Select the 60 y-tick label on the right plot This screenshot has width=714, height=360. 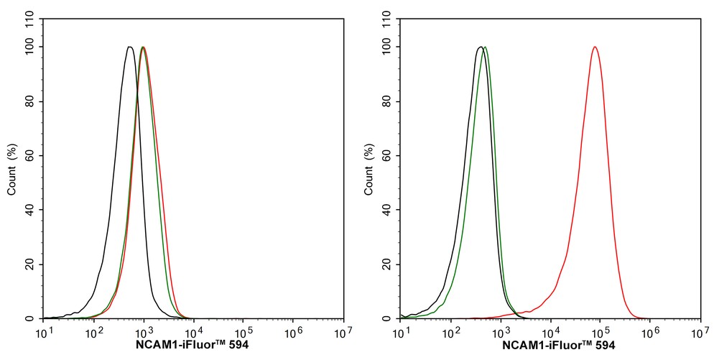386,156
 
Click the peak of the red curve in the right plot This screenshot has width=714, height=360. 595,47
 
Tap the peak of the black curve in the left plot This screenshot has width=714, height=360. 129,47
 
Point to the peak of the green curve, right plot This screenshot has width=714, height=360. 486,47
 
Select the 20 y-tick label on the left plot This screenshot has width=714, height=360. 29,264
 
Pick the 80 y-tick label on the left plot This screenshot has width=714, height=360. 29,101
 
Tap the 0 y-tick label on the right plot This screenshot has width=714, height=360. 389,318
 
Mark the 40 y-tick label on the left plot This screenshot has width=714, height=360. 29,210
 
